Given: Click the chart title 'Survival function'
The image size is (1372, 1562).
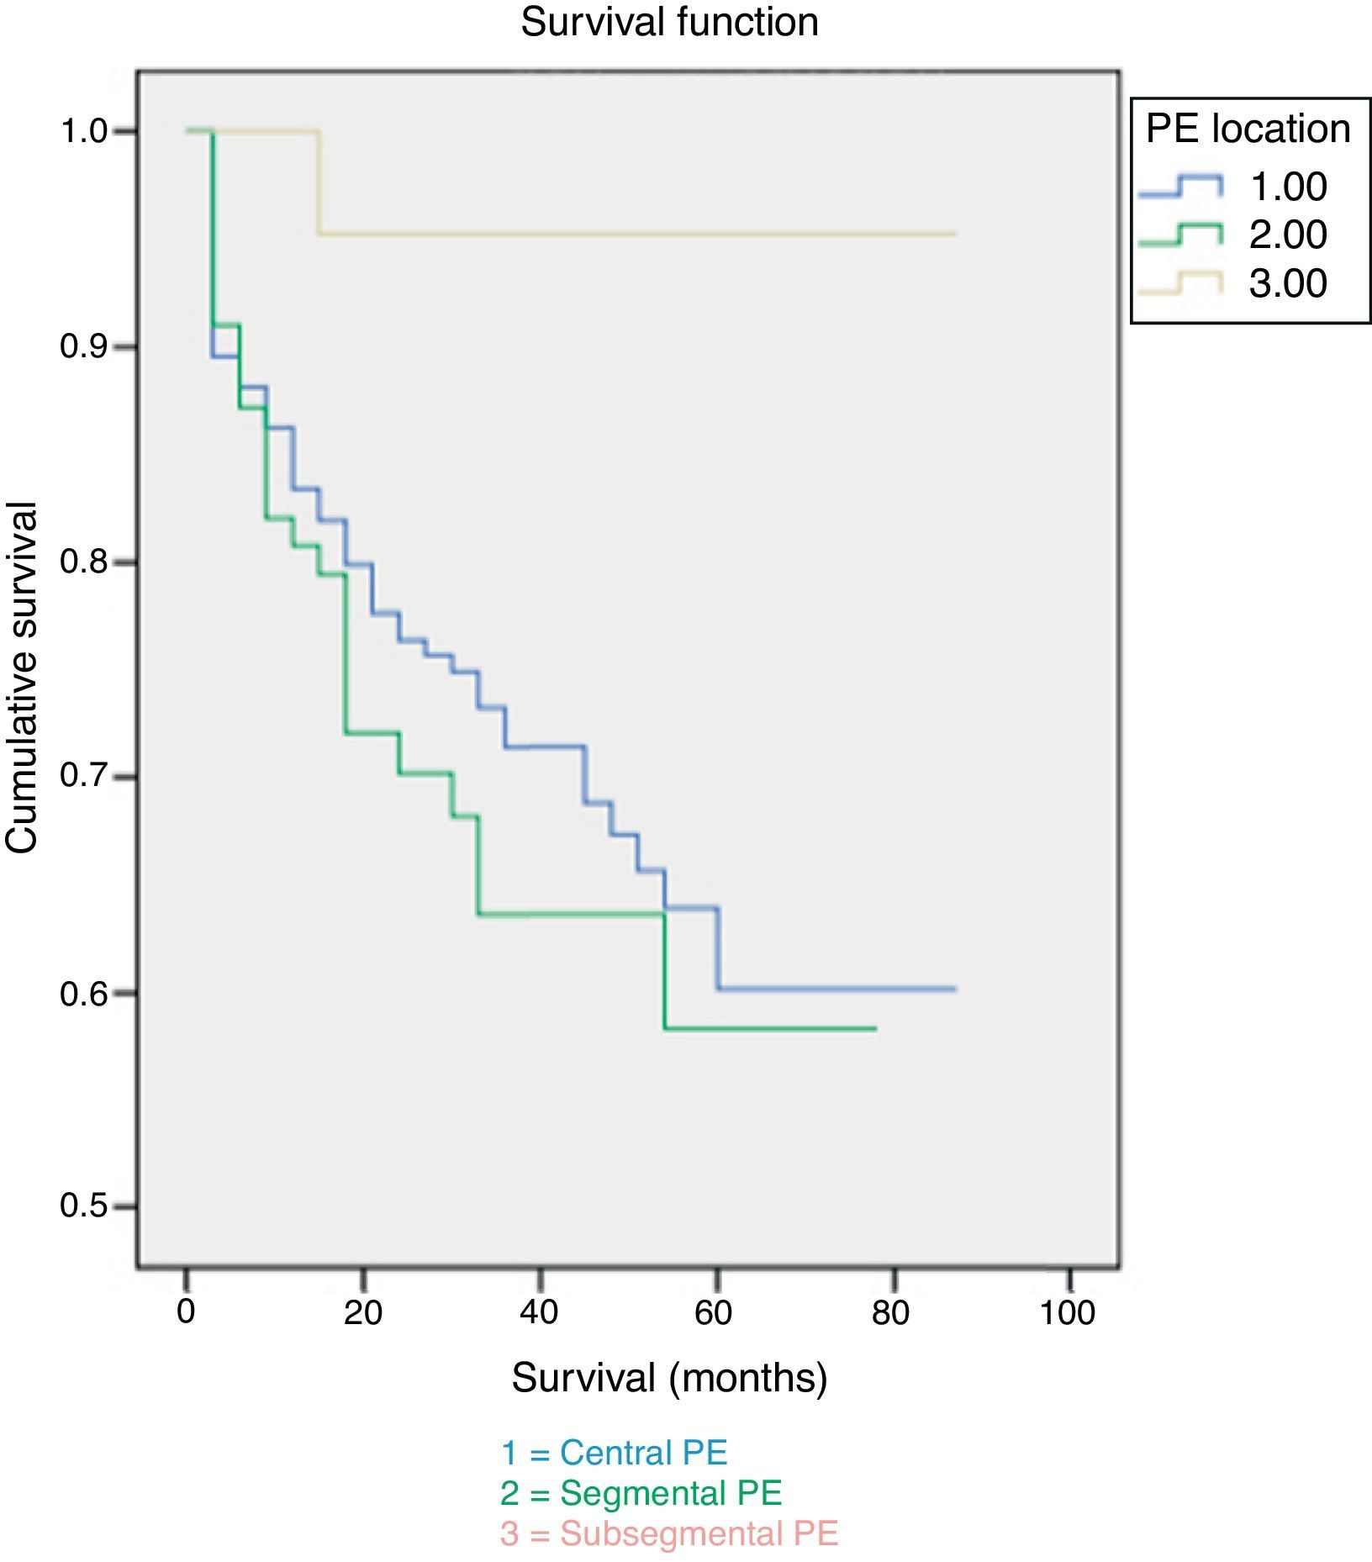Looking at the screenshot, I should [669, 22].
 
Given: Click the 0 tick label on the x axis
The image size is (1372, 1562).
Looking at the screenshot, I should [186, 1312].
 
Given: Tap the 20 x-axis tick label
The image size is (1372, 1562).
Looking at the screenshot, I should [362, 1312].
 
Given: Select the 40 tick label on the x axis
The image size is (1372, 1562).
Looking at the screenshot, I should [539, 1312].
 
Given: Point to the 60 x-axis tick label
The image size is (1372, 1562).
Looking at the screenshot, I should [715, 1312].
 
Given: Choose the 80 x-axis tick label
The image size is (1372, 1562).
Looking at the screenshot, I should [891, 1312].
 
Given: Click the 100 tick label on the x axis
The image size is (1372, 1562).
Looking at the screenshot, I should [1068, 1312].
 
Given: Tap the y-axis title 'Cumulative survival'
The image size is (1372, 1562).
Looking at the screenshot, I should [23, 678].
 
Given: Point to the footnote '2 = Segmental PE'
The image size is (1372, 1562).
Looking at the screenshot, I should [641, 1493].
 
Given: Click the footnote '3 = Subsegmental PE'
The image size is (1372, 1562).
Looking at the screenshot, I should [669, 1533].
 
